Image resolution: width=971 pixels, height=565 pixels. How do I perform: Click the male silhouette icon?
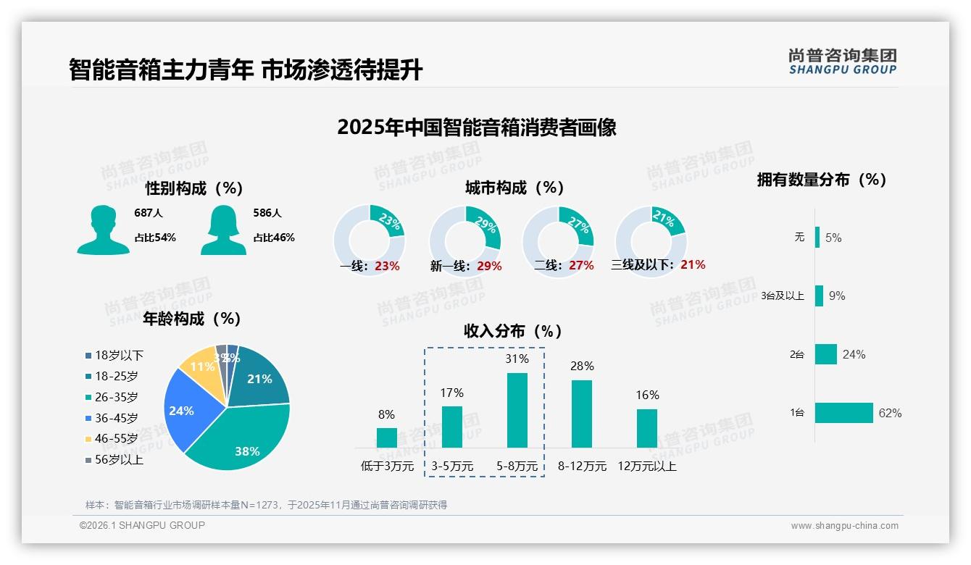[x=103, y=230]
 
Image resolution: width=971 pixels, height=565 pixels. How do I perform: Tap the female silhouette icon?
[x=223, y=230]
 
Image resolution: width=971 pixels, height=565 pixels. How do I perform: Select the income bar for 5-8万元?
[x=517, y=410]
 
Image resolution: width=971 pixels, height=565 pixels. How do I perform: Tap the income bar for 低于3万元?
[x=386, y=438]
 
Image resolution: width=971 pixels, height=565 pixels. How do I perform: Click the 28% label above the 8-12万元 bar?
[x=581, y=367]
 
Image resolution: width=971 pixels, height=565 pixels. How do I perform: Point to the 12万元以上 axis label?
[x=646, y=466]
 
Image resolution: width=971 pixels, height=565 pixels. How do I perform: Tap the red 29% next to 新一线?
[x=489, y=267]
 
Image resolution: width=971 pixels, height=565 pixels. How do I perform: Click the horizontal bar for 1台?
[x=843, y=413]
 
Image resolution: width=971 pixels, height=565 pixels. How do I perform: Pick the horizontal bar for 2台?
[x=826, y=354]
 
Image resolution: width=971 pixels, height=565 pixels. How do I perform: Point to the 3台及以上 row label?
[x=783, y=296]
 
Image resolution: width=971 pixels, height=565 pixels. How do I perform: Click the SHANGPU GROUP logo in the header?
[x=842, y=61]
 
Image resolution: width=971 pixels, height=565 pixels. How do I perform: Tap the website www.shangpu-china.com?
[x=844, y=526]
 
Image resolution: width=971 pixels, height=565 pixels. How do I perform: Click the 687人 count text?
[x=148, y=214]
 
